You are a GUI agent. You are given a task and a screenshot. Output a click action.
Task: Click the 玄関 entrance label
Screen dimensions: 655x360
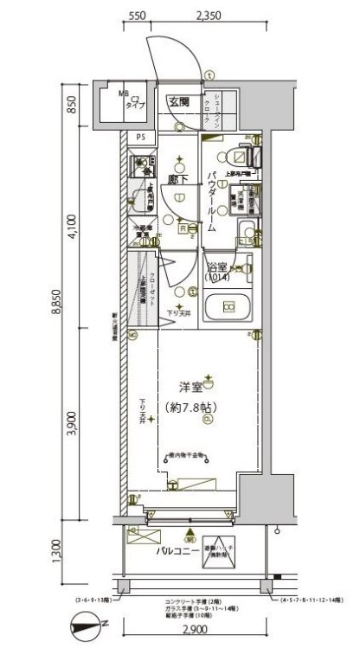click(x=179, y=101)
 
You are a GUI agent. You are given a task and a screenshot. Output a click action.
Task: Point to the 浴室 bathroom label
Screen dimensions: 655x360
click(x=216, y=266)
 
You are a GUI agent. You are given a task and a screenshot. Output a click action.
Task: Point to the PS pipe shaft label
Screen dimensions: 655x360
click(x=140, y=137)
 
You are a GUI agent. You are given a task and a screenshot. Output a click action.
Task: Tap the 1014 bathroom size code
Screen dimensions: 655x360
click(x=216, y=278)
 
